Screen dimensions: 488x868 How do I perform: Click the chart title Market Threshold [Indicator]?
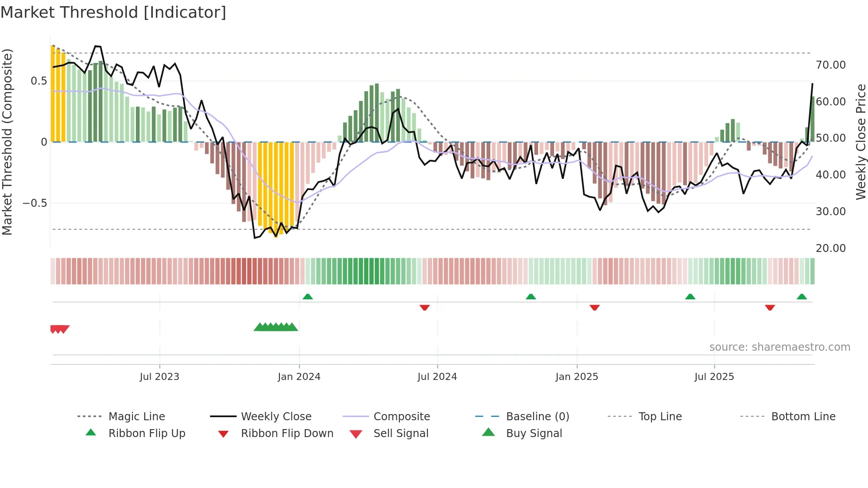tap(113, 12)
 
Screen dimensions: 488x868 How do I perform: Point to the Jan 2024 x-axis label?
tap(299, 376)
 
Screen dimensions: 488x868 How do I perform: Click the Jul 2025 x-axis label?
tap(714, 376)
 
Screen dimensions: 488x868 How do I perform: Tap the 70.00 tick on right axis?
tap(830, 65)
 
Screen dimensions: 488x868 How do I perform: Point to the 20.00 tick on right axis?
tap(830, 248)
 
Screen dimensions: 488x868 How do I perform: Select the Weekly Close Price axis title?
tap(860, 142)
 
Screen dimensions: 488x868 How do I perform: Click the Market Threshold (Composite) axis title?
tap(8, 142)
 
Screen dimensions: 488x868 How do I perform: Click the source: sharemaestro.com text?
tap(779, 347)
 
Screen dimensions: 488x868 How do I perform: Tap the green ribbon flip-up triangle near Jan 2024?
tap(308, 297)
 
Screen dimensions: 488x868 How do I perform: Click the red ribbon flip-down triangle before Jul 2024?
tap(424, 307)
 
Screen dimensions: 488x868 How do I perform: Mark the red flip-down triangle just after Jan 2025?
tap(594, 307)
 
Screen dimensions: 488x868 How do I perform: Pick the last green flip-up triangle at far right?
tap(802, 297)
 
